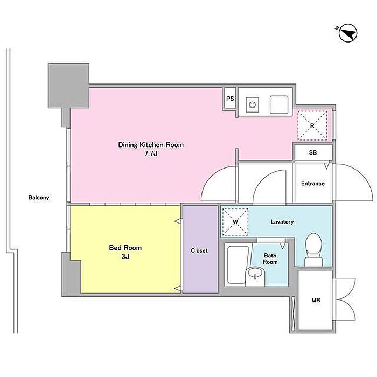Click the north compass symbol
348,33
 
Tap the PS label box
230,99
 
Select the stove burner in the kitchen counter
252,104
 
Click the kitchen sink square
279,104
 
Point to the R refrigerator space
312,125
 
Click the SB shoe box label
313,152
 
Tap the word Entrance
312,184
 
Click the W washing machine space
235,222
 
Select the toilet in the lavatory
313,249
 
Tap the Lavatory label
282,222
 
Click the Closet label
199,250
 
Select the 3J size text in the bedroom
125,256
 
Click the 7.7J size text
151,153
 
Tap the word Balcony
39,198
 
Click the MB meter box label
316,300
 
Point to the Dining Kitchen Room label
151,145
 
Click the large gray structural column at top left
69,85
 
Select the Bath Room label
270,259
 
